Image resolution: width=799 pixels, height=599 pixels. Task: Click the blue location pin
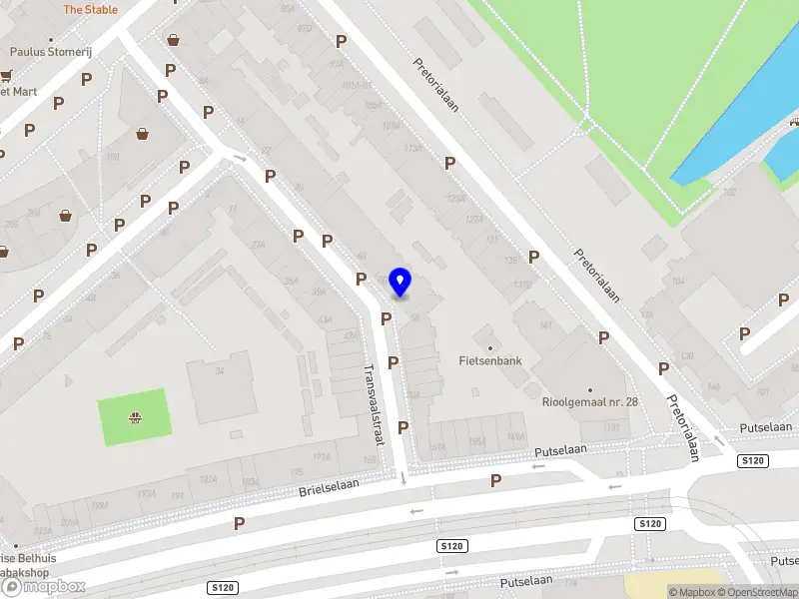click(x=400, y=282)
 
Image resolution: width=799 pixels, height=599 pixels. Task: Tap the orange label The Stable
click(x=90, y=9)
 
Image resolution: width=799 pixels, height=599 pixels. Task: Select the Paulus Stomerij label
click(x=50, y=52)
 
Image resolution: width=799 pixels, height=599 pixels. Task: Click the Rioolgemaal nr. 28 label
click(x=589, y=402)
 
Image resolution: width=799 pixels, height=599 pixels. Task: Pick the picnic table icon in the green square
click(x=134, y=416)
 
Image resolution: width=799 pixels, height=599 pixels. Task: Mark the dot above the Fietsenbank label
click(x=488, y=347)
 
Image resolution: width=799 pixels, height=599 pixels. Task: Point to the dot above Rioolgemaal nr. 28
click(x=589, y=389)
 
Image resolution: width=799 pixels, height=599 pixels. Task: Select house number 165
click(x=370, y=460)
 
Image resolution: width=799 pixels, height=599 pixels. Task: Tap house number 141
click(x=545, y=325)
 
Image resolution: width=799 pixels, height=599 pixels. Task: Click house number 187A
click(x=208, y=480)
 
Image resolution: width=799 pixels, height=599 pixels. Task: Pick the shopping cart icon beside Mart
click(x=6, y=75)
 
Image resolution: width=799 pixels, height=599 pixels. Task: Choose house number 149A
click(x=516, y=436)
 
